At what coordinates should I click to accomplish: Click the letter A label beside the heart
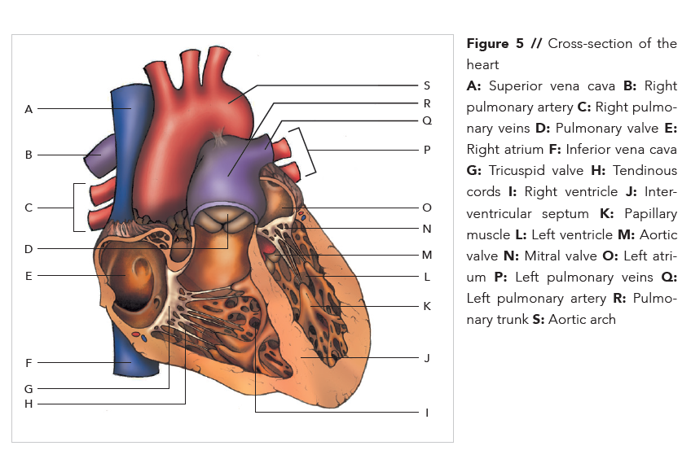point(29,109)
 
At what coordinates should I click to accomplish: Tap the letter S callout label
point(427,85)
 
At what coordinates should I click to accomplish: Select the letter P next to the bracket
point(427,151)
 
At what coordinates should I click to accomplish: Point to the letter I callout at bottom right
point(427,413)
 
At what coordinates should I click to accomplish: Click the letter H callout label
point(29,404)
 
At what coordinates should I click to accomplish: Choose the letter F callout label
point(29,363)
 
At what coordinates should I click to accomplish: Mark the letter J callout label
point(427,357)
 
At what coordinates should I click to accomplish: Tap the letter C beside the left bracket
point(29,208)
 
